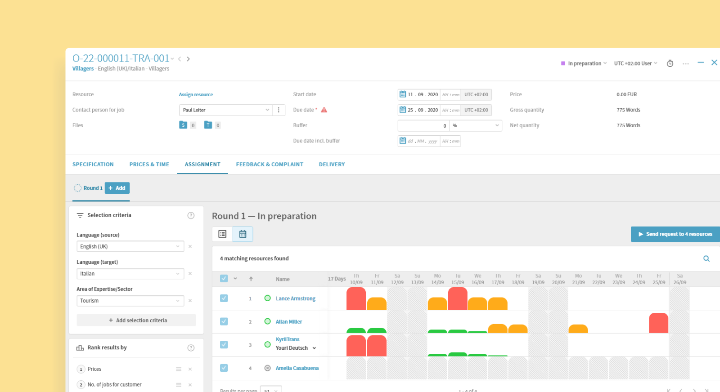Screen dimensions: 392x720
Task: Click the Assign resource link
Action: (x=196, y=94)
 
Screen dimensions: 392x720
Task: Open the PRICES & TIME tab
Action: (x=149, y=165)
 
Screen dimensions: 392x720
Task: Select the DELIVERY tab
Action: (x=332, y=165)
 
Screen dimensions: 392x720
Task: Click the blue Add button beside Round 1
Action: (x=117, y=188)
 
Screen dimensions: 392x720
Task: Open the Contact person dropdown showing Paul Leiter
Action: (x=225, y=110)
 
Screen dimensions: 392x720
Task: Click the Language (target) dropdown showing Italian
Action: (x=130, y=274)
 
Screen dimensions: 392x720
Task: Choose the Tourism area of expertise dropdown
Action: (x=130, y=301)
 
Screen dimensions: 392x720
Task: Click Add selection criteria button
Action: (x=136, y=321)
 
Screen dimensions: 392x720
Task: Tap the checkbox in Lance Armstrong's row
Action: (x=224, y=298)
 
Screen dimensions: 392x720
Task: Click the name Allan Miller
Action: (x=288, y=322)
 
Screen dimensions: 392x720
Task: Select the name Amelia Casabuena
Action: (x=297, y=368)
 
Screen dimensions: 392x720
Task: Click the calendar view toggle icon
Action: (x=243, y=234)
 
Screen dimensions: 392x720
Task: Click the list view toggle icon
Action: (x=222, y=234)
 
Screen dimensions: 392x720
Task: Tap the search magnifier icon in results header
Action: (x=706, y=258)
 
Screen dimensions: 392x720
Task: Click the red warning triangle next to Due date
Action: (x=324, y=110)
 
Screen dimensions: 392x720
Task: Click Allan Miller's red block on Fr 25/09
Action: (x=658, y=323)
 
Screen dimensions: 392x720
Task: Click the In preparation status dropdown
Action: (x=584, y=63)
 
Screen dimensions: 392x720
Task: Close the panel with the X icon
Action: (x=714, y=62)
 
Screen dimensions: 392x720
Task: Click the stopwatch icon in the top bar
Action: (x=670, y=63)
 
